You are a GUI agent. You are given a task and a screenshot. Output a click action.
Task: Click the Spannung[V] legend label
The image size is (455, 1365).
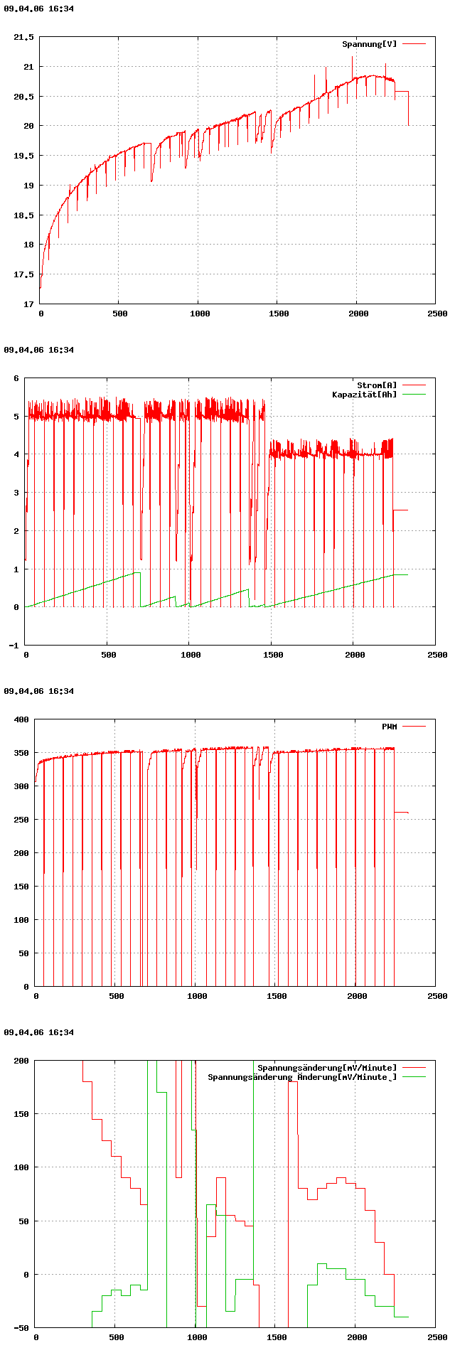(x=370, y=44)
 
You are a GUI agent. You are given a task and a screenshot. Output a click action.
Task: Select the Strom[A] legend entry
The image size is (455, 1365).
(x=377, y=385)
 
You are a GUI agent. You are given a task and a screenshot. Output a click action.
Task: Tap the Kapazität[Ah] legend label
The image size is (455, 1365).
(x=365, y=395)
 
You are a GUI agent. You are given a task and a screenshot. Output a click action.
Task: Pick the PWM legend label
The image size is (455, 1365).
(x=390, y=727)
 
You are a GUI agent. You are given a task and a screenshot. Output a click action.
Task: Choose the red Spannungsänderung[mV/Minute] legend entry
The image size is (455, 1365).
(x=327, y=1068)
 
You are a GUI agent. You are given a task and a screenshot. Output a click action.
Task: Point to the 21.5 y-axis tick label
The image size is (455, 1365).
(x=24, y=37)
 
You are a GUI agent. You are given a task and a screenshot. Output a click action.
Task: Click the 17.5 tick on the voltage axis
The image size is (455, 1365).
(x=24, y=274)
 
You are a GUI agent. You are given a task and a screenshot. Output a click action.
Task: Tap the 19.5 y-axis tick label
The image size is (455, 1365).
(x=24, y=156)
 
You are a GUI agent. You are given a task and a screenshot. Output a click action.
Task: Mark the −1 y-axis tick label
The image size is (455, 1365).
(x=13, y=646)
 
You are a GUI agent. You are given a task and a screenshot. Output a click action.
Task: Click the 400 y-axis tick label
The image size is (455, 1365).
(x=21, y=719)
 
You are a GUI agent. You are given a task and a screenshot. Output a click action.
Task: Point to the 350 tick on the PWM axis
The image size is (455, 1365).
(x=21, y=753)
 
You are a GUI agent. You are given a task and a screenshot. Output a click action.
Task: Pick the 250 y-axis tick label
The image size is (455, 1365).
(x=21, y=820)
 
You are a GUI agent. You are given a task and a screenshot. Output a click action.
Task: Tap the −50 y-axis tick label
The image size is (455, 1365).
(x=21, y=1328)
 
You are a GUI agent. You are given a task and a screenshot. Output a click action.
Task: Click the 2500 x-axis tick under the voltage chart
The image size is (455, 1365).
(x=437, y=314)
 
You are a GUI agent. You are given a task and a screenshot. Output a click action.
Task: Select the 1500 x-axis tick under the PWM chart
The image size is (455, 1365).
(x=277, y=996)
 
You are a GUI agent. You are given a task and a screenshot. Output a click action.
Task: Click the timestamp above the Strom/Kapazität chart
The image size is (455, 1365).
(x=39, y=350)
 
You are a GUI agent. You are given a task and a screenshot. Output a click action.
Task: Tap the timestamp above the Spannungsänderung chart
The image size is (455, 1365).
(x=39, y=1032)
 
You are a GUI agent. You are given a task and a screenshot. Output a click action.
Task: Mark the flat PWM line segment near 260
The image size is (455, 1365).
(x=401, y=812)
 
